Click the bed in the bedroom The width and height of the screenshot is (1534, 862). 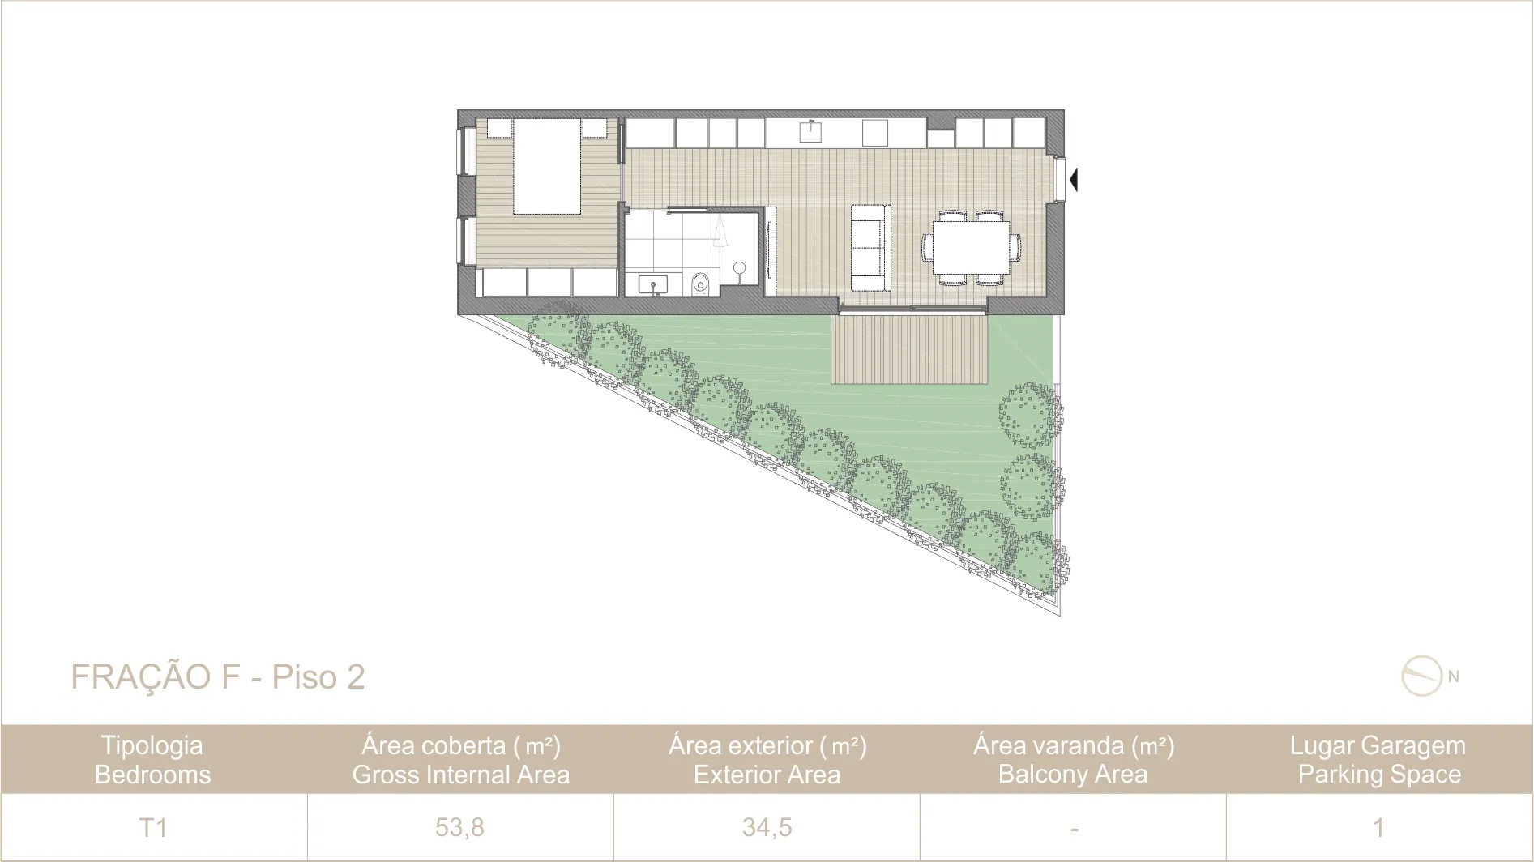pyautogui.click(x=546, y=166)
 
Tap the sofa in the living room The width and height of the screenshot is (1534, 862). pyautogui.click(x=870, y=247)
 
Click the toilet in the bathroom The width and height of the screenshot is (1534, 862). pyautogui.click(x=701, y=284)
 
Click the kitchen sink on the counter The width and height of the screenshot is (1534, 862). pyautogui.click(x=810, y=130)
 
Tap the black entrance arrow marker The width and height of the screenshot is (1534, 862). pyautogui.click(x=1074, y=179)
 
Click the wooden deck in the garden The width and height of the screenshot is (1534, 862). pyautogui.click(x=909, y=349)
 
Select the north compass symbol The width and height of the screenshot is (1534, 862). pyautogui.click(x=1422, y=676)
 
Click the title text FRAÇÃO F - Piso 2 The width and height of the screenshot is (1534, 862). pyautogui.click(x=218, y=677)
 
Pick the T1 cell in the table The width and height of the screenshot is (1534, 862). pyautogui.click(x=153, y=827)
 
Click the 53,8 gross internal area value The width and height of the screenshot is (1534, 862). pyautogui.click(x=459, y=827)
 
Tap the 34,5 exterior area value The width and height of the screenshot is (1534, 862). pyautogui.click(x=767, y=827)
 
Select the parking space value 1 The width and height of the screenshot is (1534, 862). pyautogui.click(x=1378, y=827)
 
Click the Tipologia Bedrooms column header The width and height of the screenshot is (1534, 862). pyautogui.click(x=153, y=760)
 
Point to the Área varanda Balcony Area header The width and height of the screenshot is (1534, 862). pyautogui.click(x=1073, y=760)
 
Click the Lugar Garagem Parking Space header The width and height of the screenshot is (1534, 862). pyautogui.click(x=1378, y=760)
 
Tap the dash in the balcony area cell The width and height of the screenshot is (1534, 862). pyautogui.click(x=1074, y=829)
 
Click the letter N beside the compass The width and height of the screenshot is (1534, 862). pyautogui.click(x=1453, y=677)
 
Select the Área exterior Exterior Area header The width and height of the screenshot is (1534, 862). pyautogui.click(x=767, y=760)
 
